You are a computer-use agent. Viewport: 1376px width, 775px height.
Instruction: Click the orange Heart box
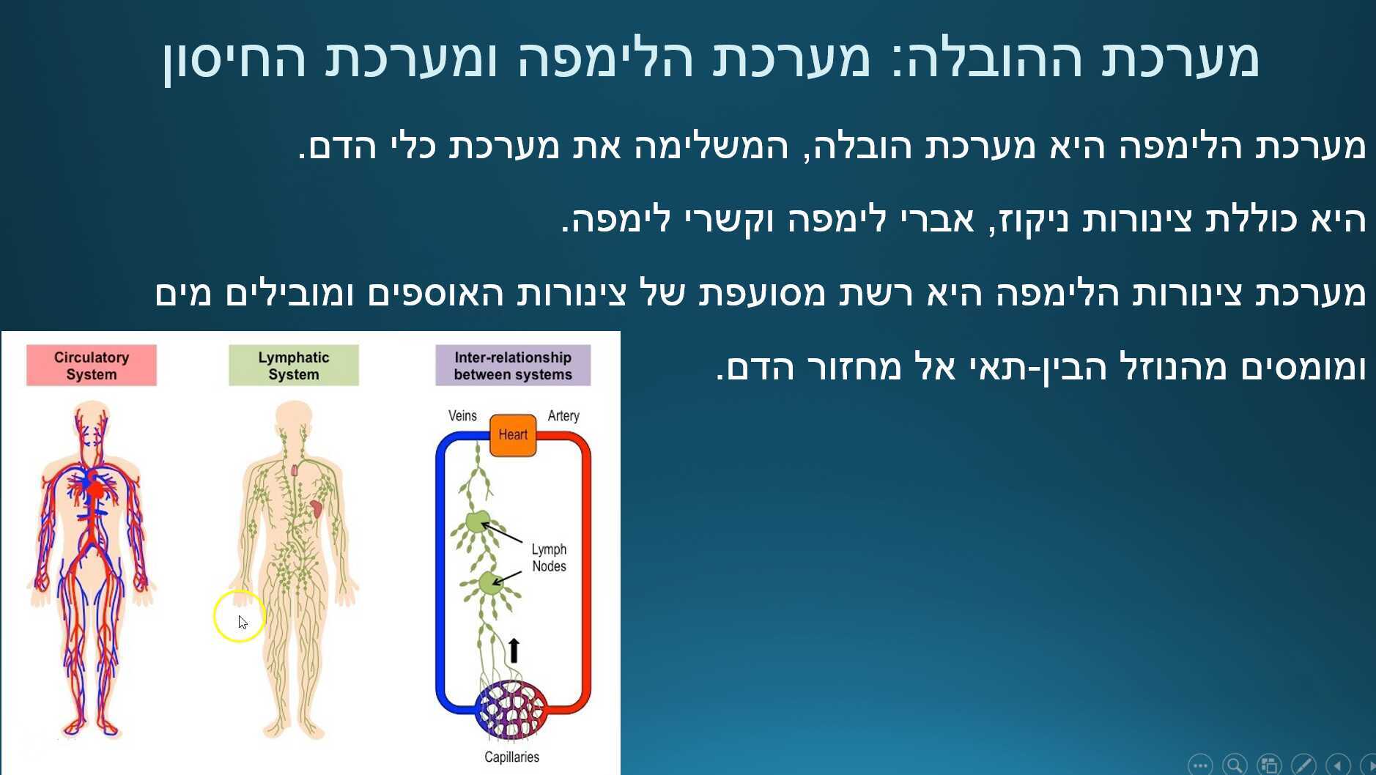(512, 435)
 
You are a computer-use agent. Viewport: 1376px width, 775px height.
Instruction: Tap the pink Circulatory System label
(92, 366)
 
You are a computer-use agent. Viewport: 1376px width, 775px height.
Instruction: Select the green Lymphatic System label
(294, 366)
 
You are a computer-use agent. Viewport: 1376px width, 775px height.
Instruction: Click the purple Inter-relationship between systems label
(513, 366)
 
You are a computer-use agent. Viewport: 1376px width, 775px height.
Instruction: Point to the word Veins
(462, 416)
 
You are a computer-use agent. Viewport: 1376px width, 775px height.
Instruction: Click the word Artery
(563, 416)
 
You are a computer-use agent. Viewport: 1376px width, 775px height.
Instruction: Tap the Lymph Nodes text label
(549, 557)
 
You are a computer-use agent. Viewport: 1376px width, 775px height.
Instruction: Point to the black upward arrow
(514, 650)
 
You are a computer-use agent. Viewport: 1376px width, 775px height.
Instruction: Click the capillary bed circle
(511, 709)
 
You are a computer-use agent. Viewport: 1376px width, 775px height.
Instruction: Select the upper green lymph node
(477, 522)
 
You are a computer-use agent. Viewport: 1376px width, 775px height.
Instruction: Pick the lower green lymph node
(490, 584)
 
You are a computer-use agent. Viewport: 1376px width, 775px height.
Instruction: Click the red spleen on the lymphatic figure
(317, 508)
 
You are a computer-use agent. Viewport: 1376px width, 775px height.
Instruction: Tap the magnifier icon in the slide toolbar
(1235, 765)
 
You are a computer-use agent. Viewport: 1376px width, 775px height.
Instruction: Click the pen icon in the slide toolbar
(1303, 765)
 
